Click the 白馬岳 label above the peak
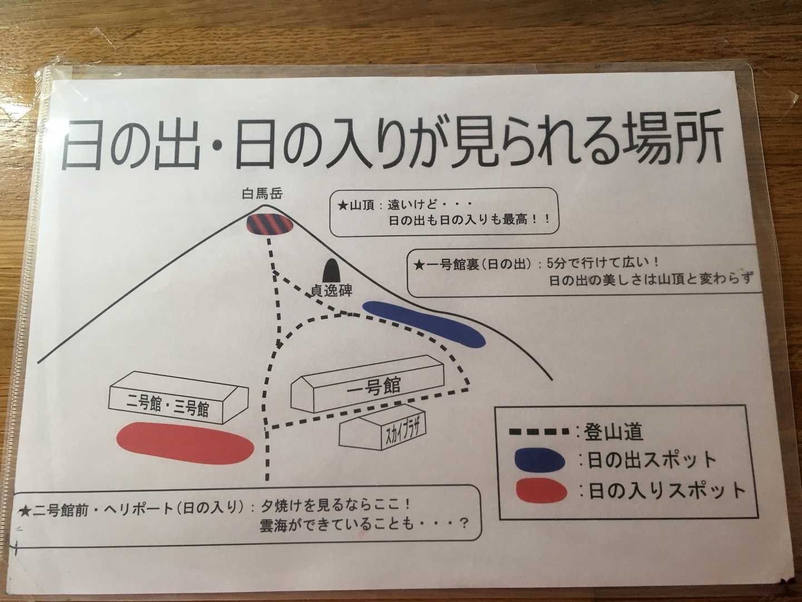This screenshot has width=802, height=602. [x=263, y=194]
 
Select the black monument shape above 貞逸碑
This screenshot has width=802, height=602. [x=331, y=270]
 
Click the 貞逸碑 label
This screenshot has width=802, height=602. [x=331, y=290]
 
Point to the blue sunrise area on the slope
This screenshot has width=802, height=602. [x=424, y=323]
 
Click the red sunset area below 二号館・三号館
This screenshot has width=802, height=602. [x=185, y=443]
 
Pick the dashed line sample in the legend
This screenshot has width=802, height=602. [x=539, y=432]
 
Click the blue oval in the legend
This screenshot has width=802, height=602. [x=539, y=462]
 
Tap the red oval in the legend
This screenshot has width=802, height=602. [x=541, y=491]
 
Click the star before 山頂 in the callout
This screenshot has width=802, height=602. [x=343, y=206]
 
